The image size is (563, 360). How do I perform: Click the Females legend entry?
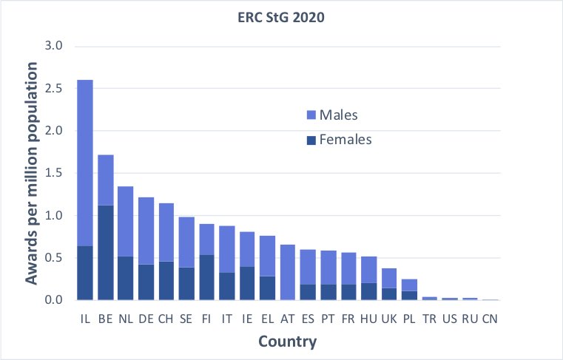click(x=345, y=139)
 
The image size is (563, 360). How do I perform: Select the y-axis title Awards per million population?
click(x=33, y=174)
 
